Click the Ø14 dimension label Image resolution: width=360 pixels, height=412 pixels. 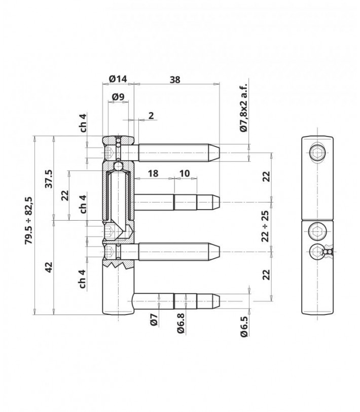click(x=118, y=79)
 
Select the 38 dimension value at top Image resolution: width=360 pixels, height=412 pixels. click(x=175, y=80)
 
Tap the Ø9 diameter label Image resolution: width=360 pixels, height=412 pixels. click(x=118, y=97)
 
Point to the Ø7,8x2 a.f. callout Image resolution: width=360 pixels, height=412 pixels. click(x=243, y=108)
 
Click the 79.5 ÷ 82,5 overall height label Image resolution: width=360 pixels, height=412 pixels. click(x=28, y=220)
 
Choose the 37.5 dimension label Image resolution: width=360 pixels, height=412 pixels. click(x=49, y=179)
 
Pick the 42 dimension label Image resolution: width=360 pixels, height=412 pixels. click(x=49, y=267)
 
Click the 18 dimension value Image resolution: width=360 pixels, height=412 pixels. click(x=153, y=174)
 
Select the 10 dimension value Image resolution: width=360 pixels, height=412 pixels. click(x=185, y=174)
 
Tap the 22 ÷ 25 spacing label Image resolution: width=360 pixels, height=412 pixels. click(x=266, y=226)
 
